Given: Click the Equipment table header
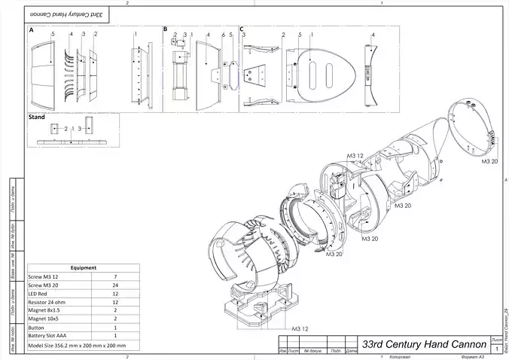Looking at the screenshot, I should (83, 267).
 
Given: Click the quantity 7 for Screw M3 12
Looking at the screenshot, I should (115, 276).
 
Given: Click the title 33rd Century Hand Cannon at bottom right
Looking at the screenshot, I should (423, 343).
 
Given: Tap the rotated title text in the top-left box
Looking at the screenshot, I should (67, 14).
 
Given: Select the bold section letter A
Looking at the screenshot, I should (31, 30).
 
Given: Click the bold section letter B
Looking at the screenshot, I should (166, 30).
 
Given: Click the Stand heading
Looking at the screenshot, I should (36, 117).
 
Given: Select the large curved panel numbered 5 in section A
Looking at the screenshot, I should (46, 72).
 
